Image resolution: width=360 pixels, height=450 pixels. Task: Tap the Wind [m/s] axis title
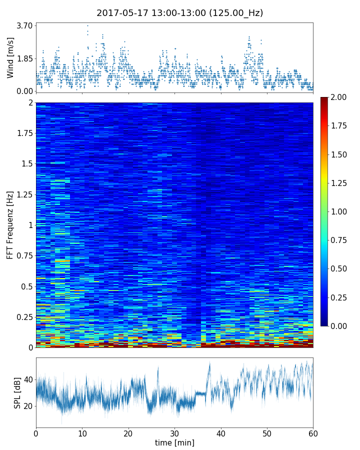coord(10,57)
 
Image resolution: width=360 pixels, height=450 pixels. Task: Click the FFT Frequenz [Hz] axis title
coord(10,225)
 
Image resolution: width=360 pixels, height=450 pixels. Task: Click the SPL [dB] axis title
coord(17,392)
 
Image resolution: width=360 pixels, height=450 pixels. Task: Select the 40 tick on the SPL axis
coord(27,379)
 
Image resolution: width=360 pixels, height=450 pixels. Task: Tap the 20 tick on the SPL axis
coord(27,405)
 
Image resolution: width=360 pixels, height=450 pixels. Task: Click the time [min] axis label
coord(174,442)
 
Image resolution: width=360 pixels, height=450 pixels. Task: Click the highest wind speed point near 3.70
coord(87,25)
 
